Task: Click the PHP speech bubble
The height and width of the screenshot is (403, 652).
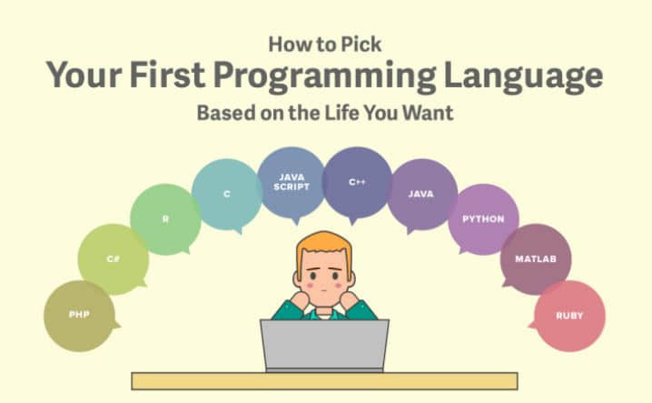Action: (x=79, y=316)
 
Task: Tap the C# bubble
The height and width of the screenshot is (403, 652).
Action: (x=114, y=259)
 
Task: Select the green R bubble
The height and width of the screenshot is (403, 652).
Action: (x=165, y=219)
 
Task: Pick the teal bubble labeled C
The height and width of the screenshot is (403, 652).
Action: (x=227, y=194)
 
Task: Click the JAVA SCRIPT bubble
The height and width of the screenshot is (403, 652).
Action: (x=291, y=183)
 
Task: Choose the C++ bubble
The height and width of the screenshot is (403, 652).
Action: (x=357, y=183)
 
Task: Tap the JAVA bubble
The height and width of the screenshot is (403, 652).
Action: (x=421, y=194)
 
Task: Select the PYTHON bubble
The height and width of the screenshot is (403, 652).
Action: (x=483, y=219)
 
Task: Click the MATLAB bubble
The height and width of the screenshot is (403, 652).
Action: (x=536, y=259)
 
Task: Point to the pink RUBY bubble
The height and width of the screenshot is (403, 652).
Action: (x=569, y=316)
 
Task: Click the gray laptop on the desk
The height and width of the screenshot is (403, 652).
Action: (x=324, y=346)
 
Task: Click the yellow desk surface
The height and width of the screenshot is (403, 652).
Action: (x=324, y=381)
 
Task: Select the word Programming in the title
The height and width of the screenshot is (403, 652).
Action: (x=325, y=76)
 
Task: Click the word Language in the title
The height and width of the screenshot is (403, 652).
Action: (x=524, y=76)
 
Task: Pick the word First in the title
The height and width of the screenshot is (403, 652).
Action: (x=167, y=75)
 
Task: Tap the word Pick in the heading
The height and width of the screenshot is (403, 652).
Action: (x=361, y=45)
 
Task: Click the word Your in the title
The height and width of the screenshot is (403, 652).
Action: (x=84, y=75)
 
